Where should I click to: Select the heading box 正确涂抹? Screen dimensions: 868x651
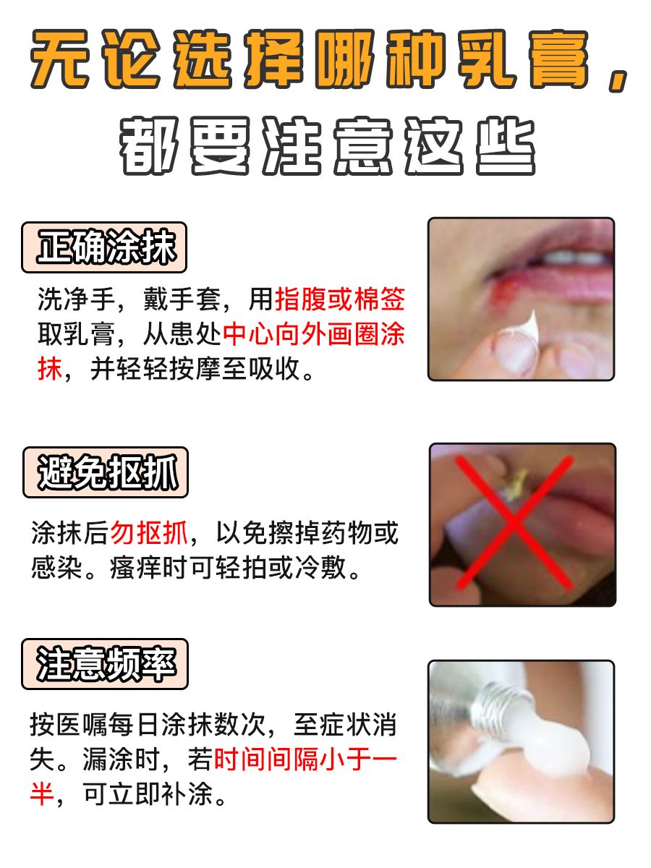coord(105,247)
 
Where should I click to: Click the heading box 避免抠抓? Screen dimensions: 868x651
coord(106,473)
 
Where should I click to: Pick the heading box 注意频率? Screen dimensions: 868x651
coord(105,664)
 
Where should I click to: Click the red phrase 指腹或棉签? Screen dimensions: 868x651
coord(340,299)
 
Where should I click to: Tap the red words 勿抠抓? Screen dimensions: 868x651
coord(149,534)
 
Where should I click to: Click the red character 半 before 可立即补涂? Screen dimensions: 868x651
coord(42,796)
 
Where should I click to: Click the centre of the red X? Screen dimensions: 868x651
coord(515,521)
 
